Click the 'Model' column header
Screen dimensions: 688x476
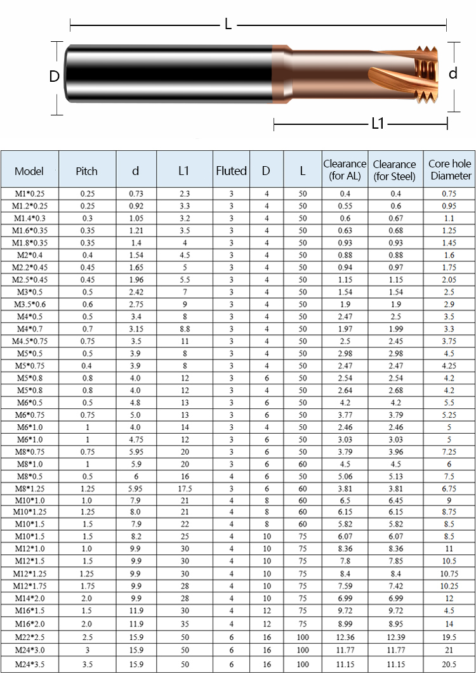[x=29, y=171]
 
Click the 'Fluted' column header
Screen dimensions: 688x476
[x=231, y=171]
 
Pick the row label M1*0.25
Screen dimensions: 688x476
[x=29, y=193]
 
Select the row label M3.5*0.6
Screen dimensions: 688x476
[x=29, y=304]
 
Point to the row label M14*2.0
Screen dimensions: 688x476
[x=29, y=598]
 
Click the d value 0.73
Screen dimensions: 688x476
[x=136, y=193]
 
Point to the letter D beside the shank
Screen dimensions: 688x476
[x=55, y=77]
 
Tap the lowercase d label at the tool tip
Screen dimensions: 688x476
[x=453, y=74]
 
